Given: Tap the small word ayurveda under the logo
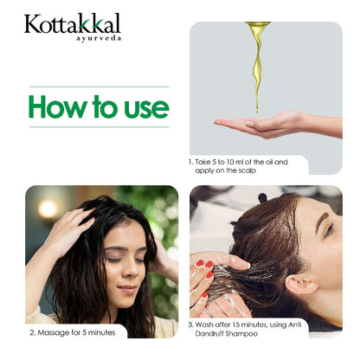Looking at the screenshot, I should click(x=99, y=39).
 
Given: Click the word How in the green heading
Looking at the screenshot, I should click(x=62, y=106).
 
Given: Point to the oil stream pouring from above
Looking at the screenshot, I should click(x=256, y=65).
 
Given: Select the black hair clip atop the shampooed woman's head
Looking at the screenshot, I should click(x=261, y=198).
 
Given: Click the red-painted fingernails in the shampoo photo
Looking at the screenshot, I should click(x=200, y=264).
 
